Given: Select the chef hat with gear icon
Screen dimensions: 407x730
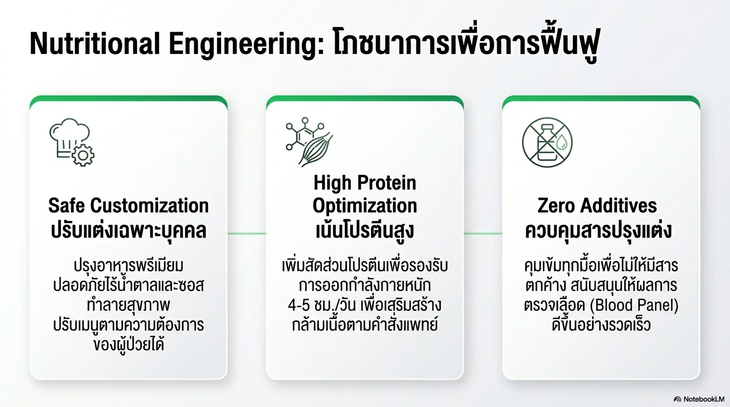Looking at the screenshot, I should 71,141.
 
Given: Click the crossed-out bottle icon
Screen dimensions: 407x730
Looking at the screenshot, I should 547,141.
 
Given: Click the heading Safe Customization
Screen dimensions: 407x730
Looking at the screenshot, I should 128,206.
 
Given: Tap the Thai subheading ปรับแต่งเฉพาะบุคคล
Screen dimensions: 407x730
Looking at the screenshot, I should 128,231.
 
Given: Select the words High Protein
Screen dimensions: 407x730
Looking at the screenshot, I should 365,183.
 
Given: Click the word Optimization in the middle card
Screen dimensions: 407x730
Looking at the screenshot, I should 365,206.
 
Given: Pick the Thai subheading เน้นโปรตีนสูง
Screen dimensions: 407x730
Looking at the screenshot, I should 365,231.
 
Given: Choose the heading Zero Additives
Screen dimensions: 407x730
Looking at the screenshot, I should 597,206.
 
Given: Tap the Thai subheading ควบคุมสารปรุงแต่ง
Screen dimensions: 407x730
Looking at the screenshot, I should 598,231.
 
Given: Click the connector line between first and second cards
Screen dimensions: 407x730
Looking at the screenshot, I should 247,233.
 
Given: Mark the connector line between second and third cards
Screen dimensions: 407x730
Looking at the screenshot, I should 483,233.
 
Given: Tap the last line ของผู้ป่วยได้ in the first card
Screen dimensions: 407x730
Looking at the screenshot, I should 128,345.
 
